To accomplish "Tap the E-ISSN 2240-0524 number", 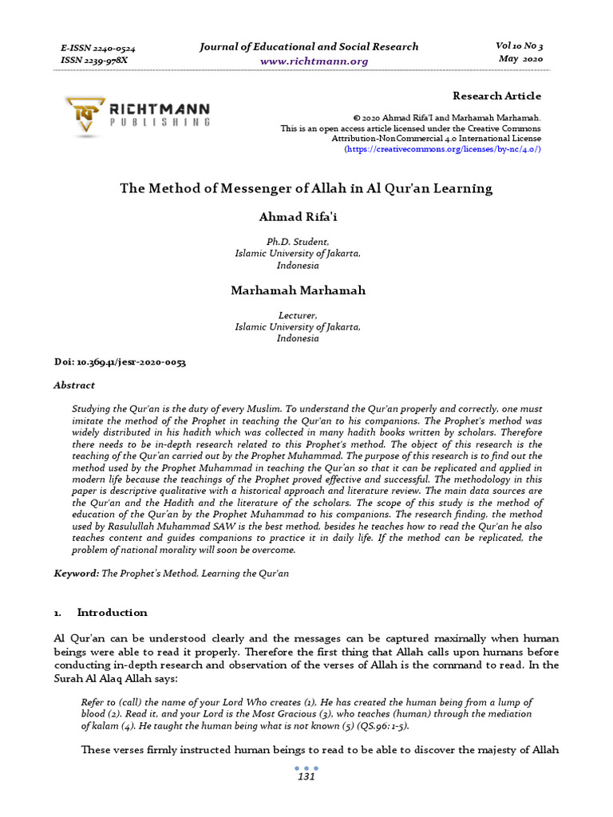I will pos(98,48).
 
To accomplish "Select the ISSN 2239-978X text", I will pos(93,60).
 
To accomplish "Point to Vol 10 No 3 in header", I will pos(520,46).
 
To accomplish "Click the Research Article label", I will pos(496,96).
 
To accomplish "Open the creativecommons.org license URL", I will pos(442,149).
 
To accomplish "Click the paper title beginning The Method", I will pos(306,189).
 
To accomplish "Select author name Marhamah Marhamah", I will pos(298,290).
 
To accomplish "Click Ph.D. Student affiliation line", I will pos(298,241).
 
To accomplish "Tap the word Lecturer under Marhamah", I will pos(298,315).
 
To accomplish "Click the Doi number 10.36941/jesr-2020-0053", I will pos(120,362).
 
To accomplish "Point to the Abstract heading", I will pos(74,385).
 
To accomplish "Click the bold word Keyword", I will pos(76,574).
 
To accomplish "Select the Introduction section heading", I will pos(112,613).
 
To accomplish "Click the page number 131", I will pos(306,776).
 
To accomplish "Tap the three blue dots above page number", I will pos(306,768).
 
